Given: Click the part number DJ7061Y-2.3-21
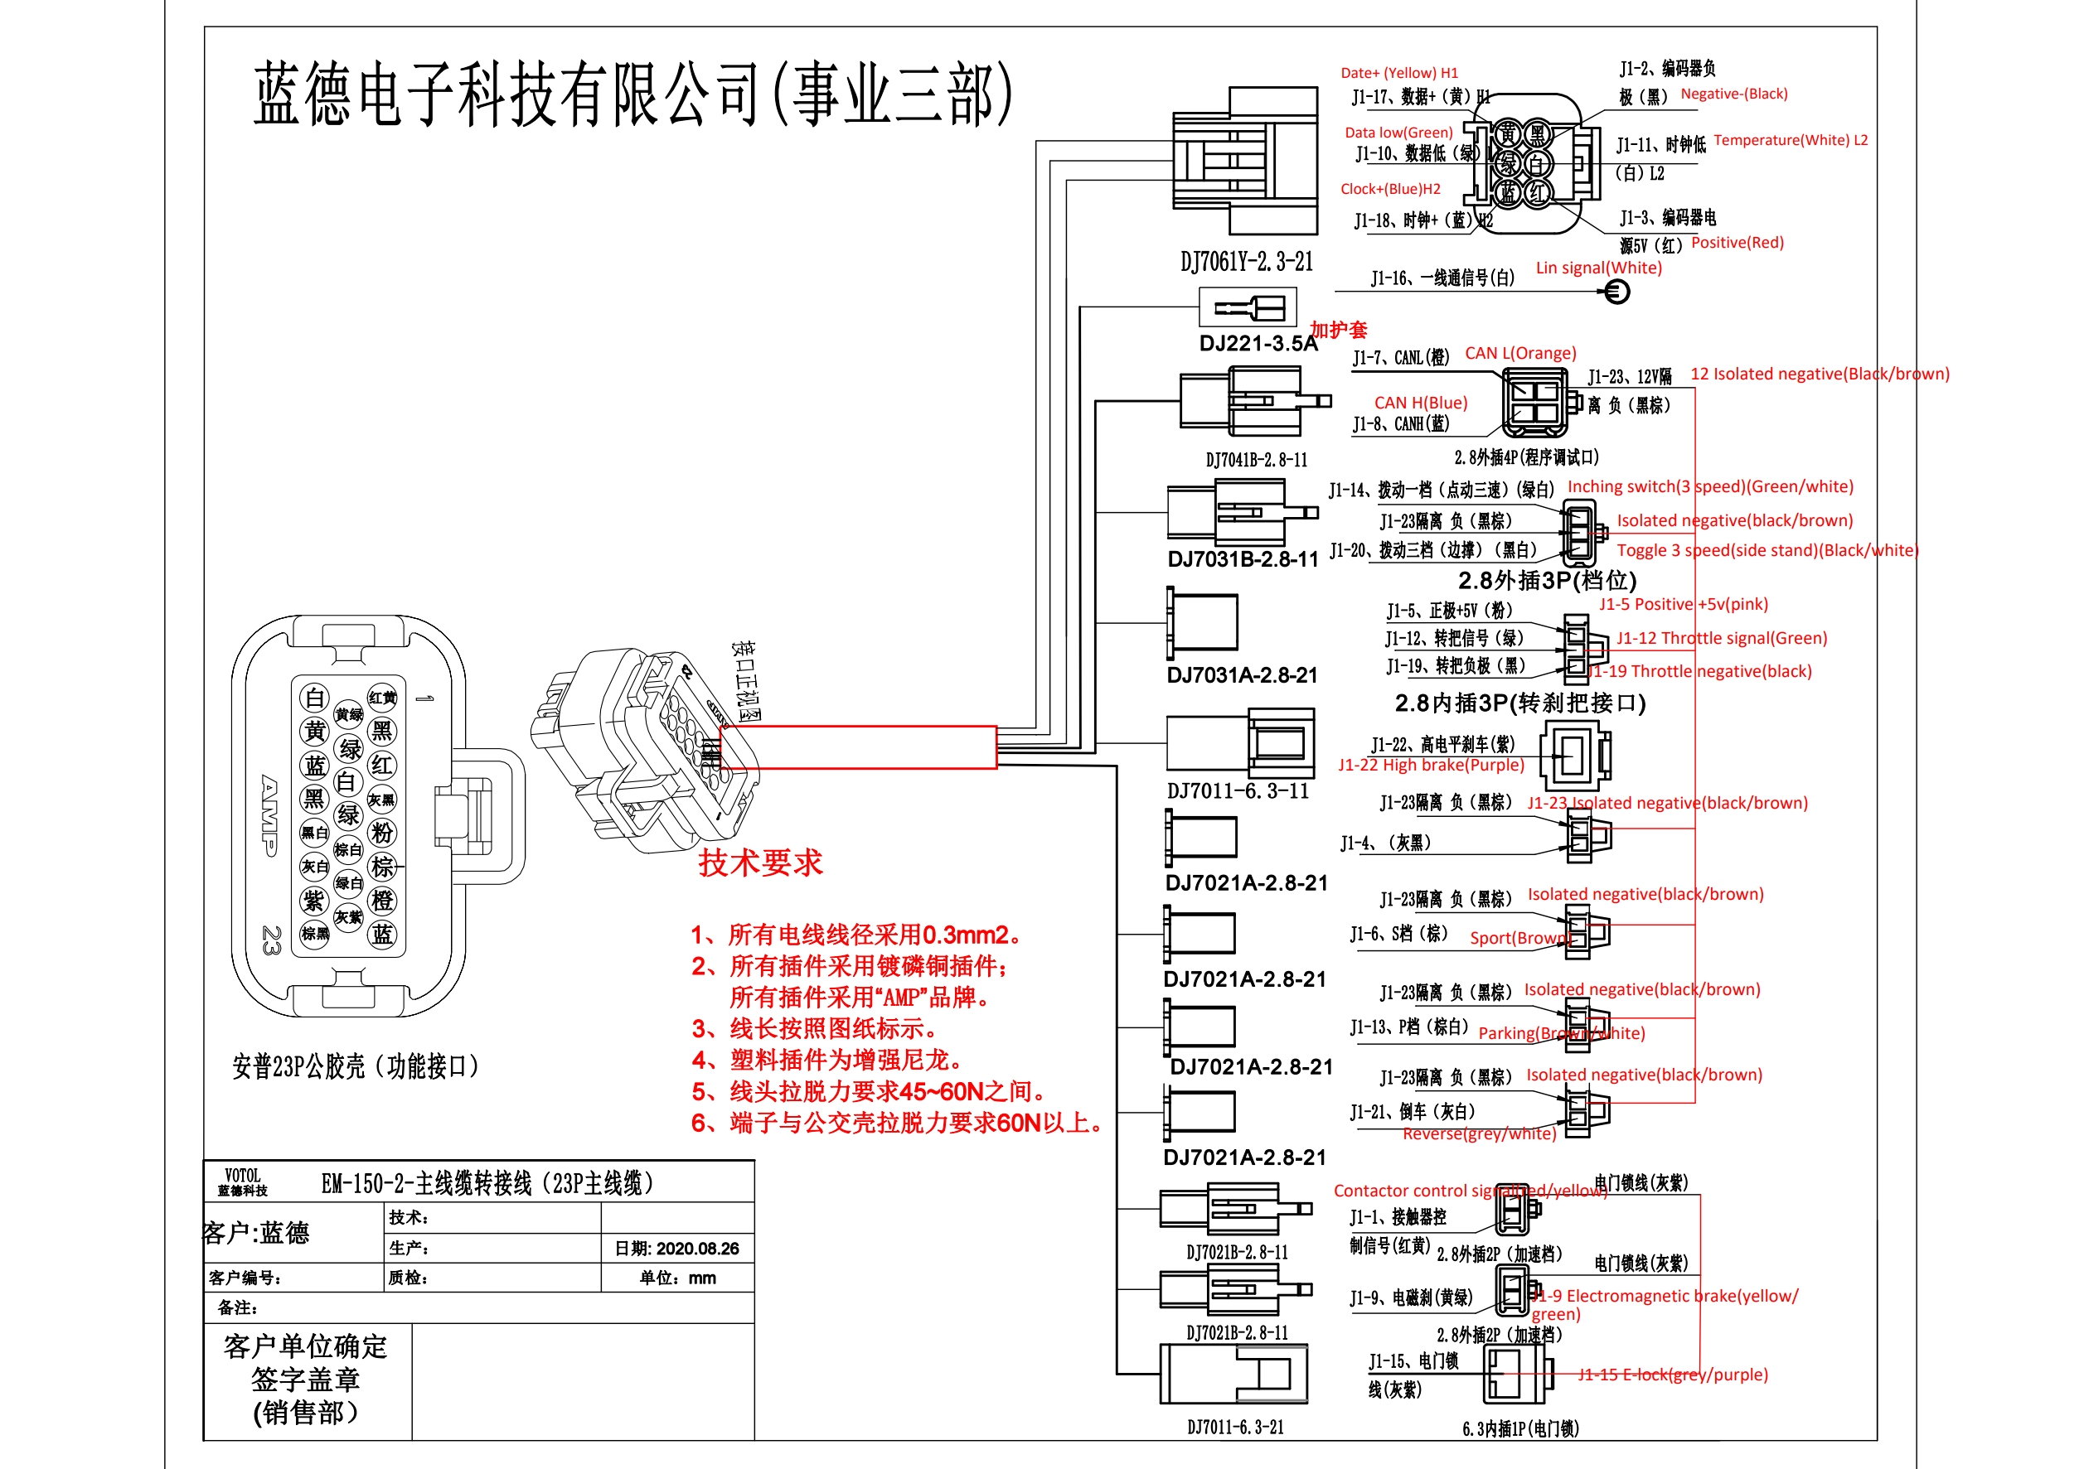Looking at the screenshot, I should pyautogui.click(x=1246, y=261).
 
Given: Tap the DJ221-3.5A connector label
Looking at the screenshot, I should pyautogui.click(x=1258, y=344).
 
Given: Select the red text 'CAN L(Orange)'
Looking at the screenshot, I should pyautogui.click(x=1520, y=353).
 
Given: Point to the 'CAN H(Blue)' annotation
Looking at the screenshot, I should pyautogui.click(x=1421, y=402).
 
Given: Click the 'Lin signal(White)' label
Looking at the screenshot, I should pyautogui.click(x=1598, y=268).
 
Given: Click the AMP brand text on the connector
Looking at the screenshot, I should pyautogui.click(x=269, y=814).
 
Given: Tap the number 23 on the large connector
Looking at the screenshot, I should pyautogui.click(x=270, y=940).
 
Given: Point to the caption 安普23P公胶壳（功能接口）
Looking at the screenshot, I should pyautogui.click(x=356, y=1066).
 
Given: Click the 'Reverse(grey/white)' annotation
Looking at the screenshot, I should pyautogui.click(x=1479, y=1133).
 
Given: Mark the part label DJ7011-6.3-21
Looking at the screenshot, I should pyautogui.click(x=1235, y=1428).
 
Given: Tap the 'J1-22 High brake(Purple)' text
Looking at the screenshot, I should pyautogui.click(x=1431, y=765).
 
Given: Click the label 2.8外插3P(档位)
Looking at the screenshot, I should pyautogui.click(x=1547, y=580).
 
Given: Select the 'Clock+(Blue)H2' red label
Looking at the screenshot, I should pyautogui.click(x=1389, y=189).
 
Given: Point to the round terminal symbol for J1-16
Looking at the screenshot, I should pyautogui.click(x=1616, y=292).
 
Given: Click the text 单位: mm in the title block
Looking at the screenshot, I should pyautogui.click(x=677, y=1278).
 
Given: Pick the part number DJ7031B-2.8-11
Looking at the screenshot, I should pyautogui.click(x=1243, y=559).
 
